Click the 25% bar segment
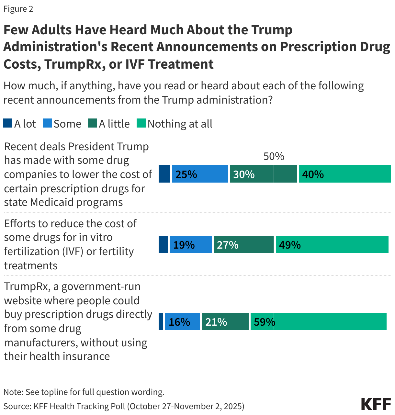[200, 174]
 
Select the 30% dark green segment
[263, 174]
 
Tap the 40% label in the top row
[313, 174]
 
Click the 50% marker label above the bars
[274, 156]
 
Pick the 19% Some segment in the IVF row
[190, 244]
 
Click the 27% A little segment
[243, 244]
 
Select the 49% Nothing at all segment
[332, 244]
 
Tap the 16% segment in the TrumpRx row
[182, 321]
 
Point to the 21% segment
[225, 321]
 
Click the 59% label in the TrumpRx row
[264, 322]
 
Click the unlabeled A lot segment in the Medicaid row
[164, 174]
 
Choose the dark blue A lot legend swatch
[8, 123]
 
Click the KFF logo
[376, 404]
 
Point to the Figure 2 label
[18, 9]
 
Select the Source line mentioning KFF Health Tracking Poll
[124, 406]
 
